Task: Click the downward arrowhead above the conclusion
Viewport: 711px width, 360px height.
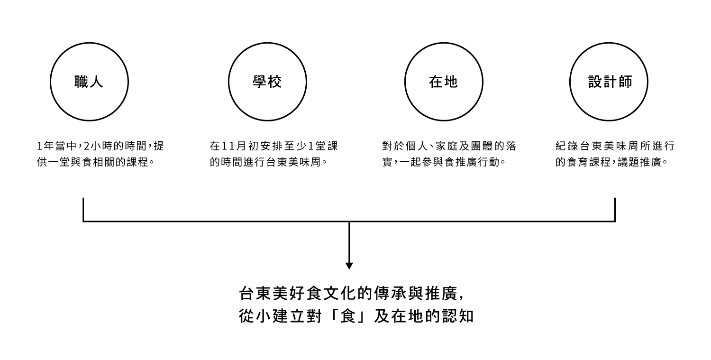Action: (x=349, y=266)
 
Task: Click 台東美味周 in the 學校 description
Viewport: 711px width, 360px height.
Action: (x=293, y=162)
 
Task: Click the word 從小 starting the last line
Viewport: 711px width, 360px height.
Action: (x=255, y=316)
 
